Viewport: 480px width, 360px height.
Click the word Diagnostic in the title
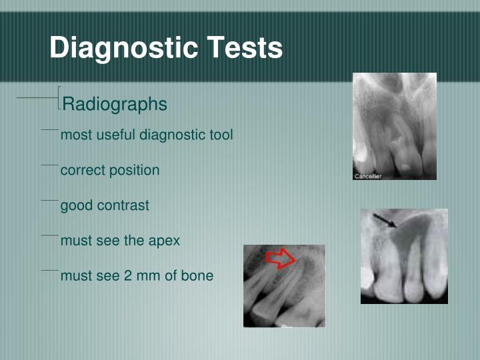pos(123,49)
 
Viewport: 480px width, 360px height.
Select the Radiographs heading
pos(114,105)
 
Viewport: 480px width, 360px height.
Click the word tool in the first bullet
pos(220,135)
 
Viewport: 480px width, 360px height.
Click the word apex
pos(164,241)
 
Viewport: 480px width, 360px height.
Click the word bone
pos(198,275)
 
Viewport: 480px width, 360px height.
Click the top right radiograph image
pos(394,126)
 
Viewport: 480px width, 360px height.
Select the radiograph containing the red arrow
pos(284,285)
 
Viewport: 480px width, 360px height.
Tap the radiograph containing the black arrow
pos(404,256)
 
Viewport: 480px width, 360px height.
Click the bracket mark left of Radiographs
pos(59,98)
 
